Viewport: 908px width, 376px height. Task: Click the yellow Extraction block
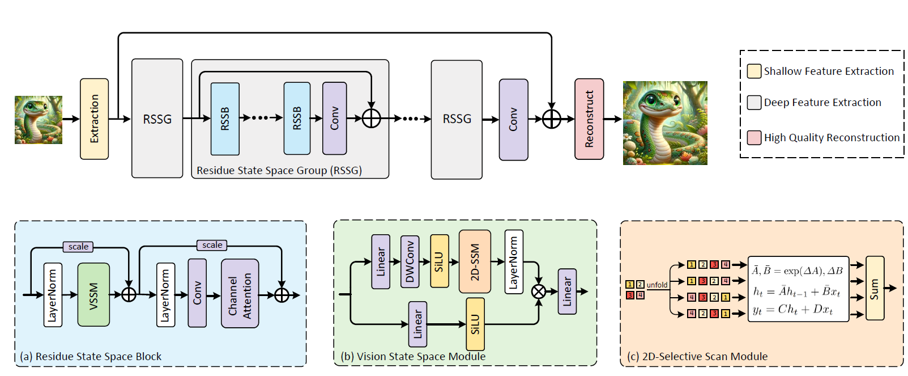coord(94,119)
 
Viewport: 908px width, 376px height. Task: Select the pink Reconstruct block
coord(589,119)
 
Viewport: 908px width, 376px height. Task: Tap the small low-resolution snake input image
coord(39,120)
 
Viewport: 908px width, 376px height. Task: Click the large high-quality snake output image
coord(665,123)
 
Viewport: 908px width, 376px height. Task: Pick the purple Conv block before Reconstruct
coord(513,120)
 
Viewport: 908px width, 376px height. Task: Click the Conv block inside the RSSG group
coord(334,119)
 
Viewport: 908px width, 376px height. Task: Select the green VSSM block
coord(93,294)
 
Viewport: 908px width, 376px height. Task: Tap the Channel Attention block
coord(240,294)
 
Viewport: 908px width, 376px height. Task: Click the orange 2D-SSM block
coord(475,261)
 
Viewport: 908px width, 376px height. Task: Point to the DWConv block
coord(410,261)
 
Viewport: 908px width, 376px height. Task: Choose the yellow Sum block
coord(875,288)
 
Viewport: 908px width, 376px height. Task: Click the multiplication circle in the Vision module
coord(539,291)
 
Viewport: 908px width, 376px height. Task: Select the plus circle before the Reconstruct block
coord(551,119)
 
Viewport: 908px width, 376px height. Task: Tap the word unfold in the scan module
coord(657,285)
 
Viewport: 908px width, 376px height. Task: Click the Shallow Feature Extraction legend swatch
coord(754,71)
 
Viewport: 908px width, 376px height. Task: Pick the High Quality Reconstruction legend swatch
coord(754,138)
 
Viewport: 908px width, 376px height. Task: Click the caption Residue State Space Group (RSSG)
coord(279,170)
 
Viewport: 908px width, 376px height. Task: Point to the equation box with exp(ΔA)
coord(799,289)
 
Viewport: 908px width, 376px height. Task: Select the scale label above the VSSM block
coord(78,247)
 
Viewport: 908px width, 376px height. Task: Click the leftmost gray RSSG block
coord(157,119)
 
